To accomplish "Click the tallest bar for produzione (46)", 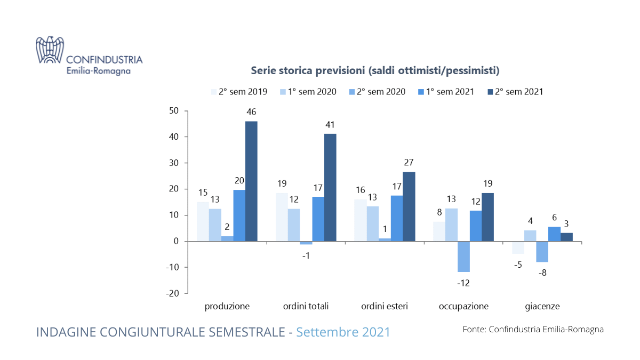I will pos(251,181).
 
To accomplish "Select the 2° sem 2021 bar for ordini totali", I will pos(330,187).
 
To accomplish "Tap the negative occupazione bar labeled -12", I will pos(463,257).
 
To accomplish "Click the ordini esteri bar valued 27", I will pos(409,206).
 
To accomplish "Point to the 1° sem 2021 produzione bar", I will pos(239,215).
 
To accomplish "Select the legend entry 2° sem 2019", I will pos(239,92).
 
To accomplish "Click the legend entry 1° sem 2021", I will pos(446,92).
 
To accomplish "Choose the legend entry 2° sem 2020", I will pos(378,92).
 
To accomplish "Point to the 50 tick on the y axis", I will pos(174,111).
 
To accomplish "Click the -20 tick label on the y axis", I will pos(172,293).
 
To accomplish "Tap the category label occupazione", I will pos(463,307).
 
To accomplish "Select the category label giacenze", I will pos(542,307).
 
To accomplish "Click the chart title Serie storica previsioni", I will pos(375,70).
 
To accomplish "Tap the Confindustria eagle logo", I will pos(50,50).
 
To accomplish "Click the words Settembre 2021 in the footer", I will pos(343,332).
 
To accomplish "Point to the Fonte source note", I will pos(533,330).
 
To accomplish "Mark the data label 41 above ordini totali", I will pos(331,125).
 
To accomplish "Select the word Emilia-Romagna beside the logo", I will pos(99,70).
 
